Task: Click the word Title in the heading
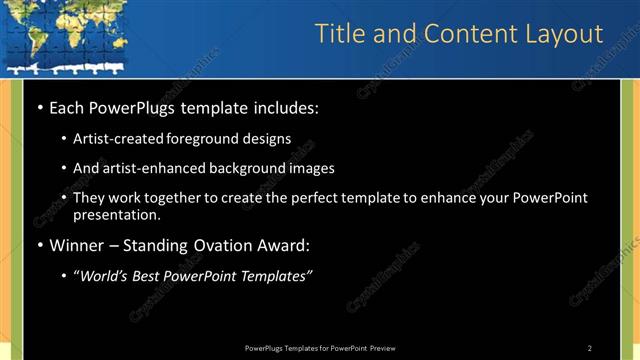coord(339,34)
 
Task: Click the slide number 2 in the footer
coord(590,348)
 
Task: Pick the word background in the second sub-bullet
coord(239,168)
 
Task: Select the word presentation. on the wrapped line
coord(117,214)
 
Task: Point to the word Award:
coord(282,245)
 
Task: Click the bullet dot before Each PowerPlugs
coord(39,106)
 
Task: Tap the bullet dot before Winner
coord(39,245)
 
